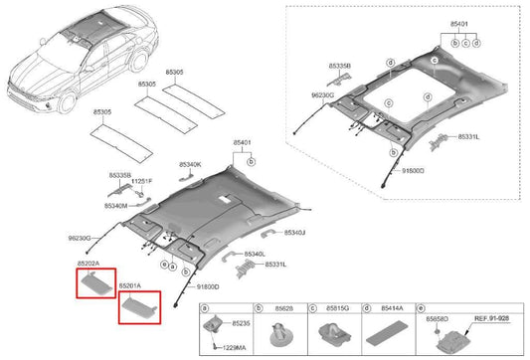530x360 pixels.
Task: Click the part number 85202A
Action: pyautogui.click(x=92, y=264)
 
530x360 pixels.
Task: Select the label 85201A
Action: pyautogui.click(x=131, y=285)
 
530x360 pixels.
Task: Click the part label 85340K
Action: pyautogui.click(x=190, y=163)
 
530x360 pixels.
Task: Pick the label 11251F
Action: pyautogui.click(x=143, y=181)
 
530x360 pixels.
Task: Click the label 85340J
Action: pyautogui.click(x=294, y=232)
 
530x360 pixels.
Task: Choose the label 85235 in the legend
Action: pyautogui.click(x=241, y=323)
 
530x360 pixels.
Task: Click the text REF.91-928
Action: pyautogui.click(x=492, y=318)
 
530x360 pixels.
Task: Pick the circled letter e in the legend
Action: pyautogui.click(x=424, y=310)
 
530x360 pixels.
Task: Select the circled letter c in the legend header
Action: pyautogui.click(x=312, y=310)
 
